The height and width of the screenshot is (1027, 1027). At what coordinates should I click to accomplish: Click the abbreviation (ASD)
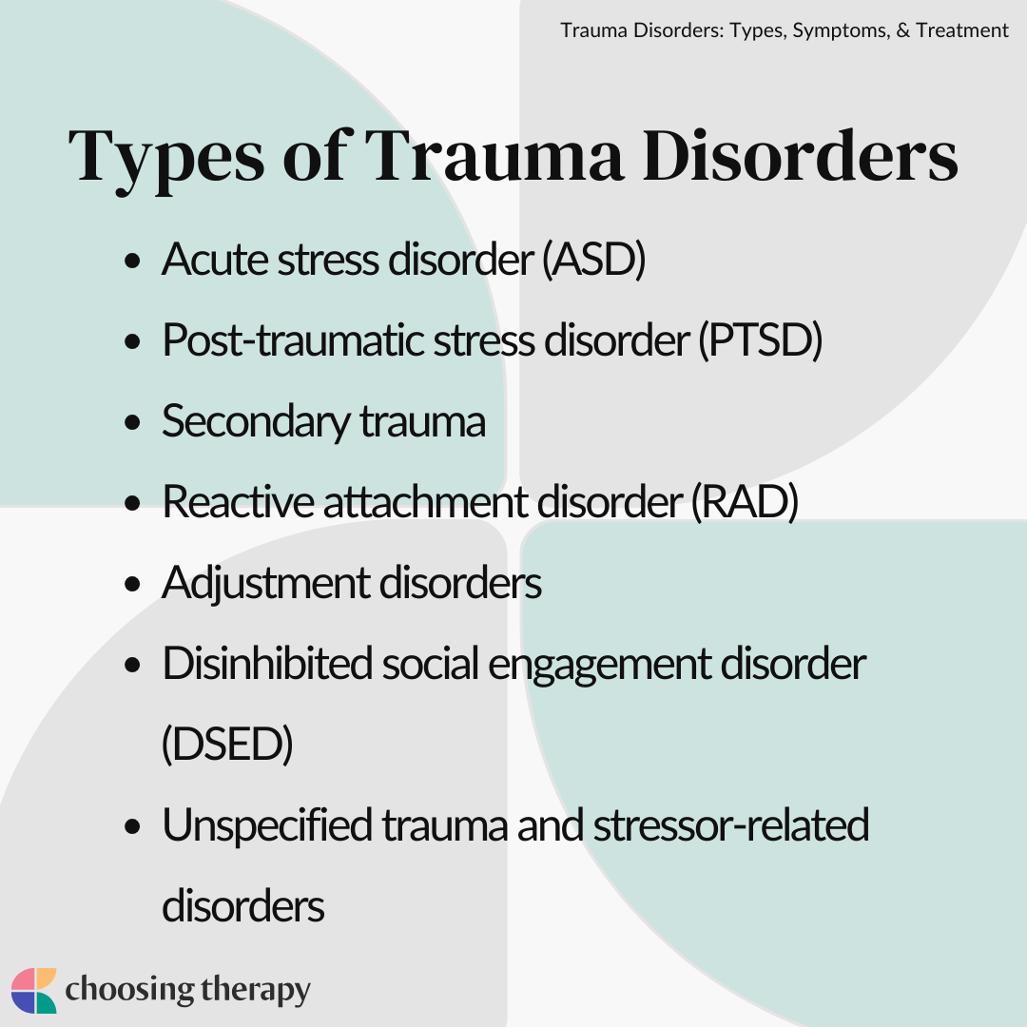pyautogui.click(x=594, y=260)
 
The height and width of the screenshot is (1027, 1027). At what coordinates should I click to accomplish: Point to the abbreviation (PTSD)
pyautogui.click(x=761, y=340)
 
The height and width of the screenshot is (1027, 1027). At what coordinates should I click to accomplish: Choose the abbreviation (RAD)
pyautogui.click(x=746, y=502)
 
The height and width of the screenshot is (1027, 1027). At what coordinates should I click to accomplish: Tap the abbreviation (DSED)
pyautogui.click(x=227, y=745)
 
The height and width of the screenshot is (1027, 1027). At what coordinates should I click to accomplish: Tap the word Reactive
pyautogui.click(x=239, y=502)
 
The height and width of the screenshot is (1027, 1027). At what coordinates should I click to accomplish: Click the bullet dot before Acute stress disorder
pyautogui.click(x=132, y=261)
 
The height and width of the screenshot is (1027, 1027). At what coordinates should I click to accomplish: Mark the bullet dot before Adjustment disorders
pyautogui.click(x=132, y=584)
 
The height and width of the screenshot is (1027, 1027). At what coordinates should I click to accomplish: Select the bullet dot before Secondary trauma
pyautogui.click(x=132, y=422)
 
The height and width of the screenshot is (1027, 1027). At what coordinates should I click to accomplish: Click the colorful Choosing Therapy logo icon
pyautogui.click(x=34, y=990)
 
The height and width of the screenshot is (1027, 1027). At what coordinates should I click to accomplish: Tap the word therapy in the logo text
pyautogui.click(x=256, y=990)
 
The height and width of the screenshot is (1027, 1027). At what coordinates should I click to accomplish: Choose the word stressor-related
pyautogui.click(x=731, y=825)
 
